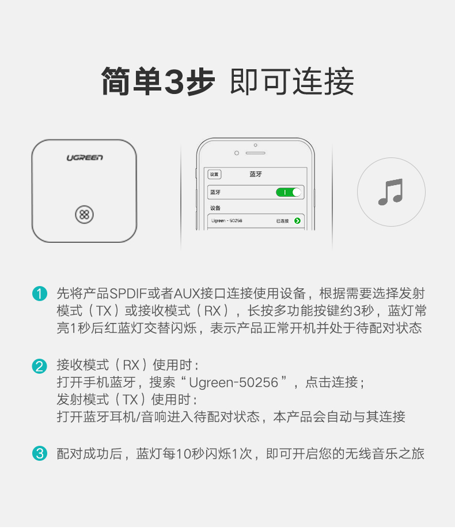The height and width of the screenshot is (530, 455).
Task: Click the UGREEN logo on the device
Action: [x=84, y=157]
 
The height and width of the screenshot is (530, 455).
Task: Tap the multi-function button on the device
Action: [x=84, y=215]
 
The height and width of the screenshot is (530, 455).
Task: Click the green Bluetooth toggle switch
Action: [x=289, y=192]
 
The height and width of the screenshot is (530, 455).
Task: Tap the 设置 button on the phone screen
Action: [x=214, y=174]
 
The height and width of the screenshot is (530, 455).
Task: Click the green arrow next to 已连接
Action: [x=297, y=221]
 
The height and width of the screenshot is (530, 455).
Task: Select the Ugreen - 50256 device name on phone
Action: [x=227, y=221]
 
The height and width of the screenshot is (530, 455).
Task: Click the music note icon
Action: [x=390, y=192]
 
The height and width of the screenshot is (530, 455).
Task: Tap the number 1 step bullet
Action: [x=39, y=294]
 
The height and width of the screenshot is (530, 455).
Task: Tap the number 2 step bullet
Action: [x=39, y=366]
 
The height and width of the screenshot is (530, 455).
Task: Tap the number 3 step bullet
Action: [x=39, y=454]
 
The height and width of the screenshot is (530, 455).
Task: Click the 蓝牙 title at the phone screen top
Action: [x=255, y=174]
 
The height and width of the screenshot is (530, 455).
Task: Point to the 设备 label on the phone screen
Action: [x=215, y=208]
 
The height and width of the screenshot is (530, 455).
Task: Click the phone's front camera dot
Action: [x=236, y=153]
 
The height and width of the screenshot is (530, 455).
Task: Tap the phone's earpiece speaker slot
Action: [x=255, y=153]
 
